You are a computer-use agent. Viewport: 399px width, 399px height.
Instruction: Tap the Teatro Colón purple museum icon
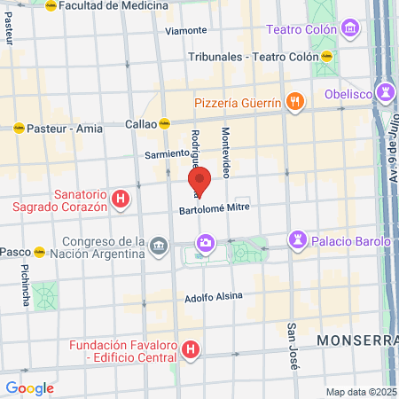(352, 29)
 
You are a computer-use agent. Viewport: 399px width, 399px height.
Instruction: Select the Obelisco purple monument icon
(386, 92)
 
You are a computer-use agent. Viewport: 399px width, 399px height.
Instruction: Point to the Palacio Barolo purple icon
(297, 240)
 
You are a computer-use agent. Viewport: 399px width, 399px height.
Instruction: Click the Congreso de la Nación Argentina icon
(158, 245)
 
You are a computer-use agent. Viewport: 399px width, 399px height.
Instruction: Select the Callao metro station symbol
(165, 124)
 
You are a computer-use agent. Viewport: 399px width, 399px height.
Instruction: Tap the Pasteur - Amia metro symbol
(18, 129)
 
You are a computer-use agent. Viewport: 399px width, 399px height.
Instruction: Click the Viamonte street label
(186, 30)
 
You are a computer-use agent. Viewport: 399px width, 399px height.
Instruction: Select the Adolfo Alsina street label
(213, 298)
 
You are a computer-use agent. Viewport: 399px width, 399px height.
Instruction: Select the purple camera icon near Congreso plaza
(206, 242)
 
